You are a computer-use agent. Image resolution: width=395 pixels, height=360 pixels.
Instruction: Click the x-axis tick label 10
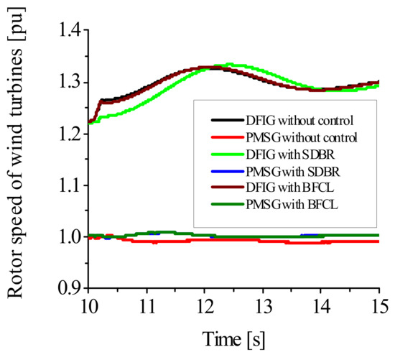point(88,305)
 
